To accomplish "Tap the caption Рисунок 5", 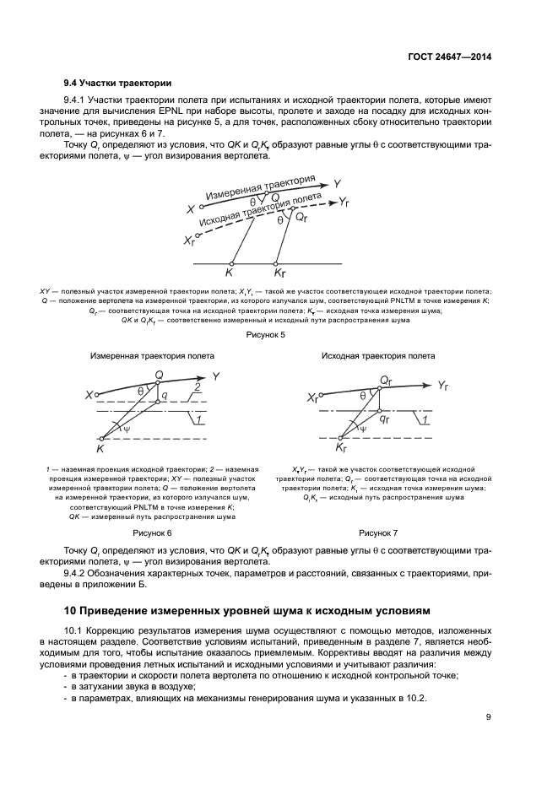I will pyautogui.click(x=265, y=335).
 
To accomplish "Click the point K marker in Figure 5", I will pyautogui.click(x=229, y=272).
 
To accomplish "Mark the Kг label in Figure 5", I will pyautogui.click(x=279, y=273).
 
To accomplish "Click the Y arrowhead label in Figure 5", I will pyautogui.click(x=337, y=183).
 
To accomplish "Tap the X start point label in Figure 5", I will pyautogui.click(x=191, y=208).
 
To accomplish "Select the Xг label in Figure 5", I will pyautogui.click(x=188, y=240).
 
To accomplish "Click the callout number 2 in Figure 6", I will pyautogui.click(x=197, y=386).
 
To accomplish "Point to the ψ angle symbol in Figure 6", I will pyautogui.click(x=127, y=429).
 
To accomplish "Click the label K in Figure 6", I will pyautogui.click(x=99, y=449).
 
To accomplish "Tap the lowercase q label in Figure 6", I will pyautogui.click(x=164, y=395).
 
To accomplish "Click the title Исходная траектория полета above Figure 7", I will pyautogui.click(x=377, y=356).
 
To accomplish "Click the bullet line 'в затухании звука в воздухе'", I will pyautogui.click(x=122, y=687).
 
